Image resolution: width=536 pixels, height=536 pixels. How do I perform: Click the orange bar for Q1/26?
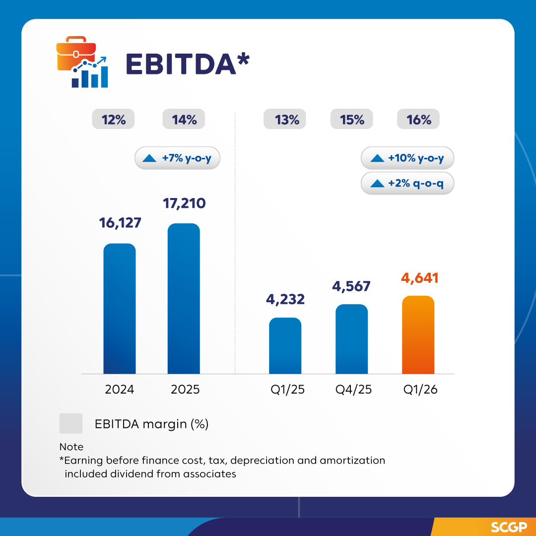point(418,335)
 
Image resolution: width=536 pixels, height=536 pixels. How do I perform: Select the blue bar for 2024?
point(120,309)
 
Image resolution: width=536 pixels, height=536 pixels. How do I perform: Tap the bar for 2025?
point(184,299)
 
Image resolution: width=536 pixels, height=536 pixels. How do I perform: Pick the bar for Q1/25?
point(285,346)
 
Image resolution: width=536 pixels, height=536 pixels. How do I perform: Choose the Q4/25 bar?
point(351,339)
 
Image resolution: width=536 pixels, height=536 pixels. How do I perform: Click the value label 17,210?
point(184,203)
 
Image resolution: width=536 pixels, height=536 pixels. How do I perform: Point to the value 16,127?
point(120,223)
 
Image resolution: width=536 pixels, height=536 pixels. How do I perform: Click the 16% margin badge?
point(418,120)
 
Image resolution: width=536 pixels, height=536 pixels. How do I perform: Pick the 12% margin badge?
point(114,120)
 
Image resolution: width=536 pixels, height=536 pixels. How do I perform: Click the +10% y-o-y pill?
point(407,158)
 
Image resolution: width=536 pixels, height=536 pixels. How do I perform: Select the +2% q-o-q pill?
point(407,183)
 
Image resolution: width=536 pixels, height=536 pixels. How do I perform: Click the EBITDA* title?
point(187,64)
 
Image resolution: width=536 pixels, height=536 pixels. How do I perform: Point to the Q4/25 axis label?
point(352,390)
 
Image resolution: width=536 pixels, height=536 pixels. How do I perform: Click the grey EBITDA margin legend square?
point(71,424)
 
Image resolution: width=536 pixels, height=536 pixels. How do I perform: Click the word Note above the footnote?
point(71,447)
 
